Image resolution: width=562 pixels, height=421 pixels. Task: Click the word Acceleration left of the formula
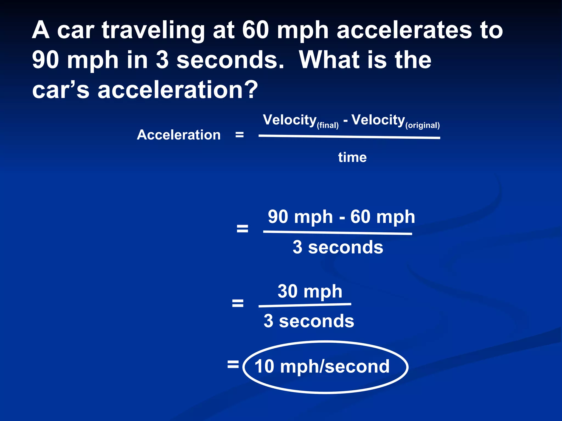pos(179,135)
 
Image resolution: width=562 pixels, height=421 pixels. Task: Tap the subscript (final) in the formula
pos(328,126)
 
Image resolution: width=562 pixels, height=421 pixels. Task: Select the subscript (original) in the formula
pos(423,126)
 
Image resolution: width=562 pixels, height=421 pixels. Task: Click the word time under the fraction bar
pos(352,158)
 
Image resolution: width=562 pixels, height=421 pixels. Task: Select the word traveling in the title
pos(153,31)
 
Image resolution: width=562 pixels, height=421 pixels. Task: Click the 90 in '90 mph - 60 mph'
pos(278,217)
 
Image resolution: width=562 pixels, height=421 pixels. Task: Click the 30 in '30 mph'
pos(288,291)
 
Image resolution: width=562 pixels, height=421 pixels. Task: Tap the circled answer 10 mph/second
pos(322,366)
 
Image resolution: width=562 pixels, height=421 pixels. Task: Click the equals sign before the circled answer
pos(233,365)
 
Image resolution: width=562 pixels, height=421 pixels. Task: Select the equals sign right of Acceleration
pos(240,135)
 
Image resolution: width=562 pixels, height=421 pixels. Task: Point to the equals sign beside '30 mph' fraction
pos(238,303)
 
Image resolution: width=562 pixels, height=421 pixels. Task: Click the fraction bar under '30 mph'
pos(305,305)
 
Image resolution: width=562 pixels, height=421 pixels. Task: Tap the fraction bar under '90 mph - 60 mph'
pos(338,233)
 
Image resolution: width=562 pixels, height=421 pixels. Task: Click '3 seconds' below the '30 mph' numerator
pos(309,321)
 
